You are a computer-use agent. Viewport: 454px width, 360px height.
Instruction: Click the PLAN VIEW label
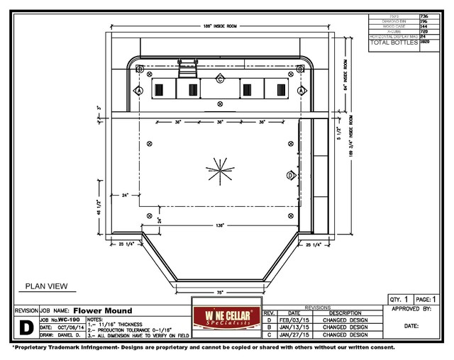tap(46, 286)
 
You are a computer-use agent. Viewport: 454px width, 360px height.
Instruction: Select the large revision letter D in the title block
tap(26, 327)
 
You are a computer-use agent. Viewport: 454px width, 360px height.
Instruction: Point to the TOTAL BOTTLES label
tap(392, 43)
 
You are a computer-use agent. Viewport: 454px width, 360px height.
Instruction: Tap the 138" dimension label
tap(221, 225)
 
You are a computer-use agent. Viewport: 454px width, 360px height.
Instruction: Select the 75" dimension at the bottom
tap(220, 291)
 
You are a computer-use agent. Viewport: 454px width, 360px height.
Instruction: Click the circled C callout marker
tap(221, 78)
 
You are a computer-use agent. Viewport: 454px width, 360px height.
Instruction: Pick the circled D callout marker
tap(289, 174)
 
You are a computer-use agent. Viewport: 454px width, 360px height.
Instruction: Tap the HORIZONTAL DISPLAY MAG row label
tap(392, 36)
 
